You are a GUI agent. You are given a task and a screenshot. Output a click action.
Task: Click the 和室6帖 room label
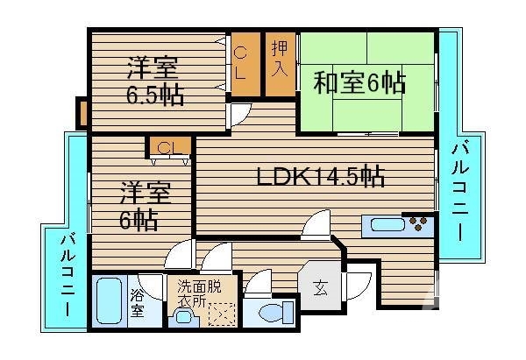tap(359, 82)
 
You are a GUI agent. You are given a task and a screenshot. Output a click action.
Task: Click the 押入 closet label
tap(280, 59)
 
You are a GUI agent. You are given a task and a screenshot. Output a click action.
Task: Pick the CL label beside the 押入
tap(241, 63)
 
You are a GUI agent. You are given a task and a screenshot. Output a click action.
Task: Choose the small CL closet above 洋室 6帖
tap(169, 146)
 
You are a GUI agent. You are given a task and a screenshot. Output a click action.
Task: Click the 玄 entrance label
tap(320, 286)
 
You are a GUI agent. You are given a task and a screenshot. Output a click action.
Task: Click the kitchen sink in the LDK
tap(386, 224)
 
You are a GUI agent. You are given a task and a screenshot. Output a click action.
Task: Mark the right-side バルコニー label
tap(458, 192)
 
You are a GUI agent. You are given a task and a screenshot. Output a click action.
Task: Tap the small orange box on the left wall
tap(82, 113)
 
